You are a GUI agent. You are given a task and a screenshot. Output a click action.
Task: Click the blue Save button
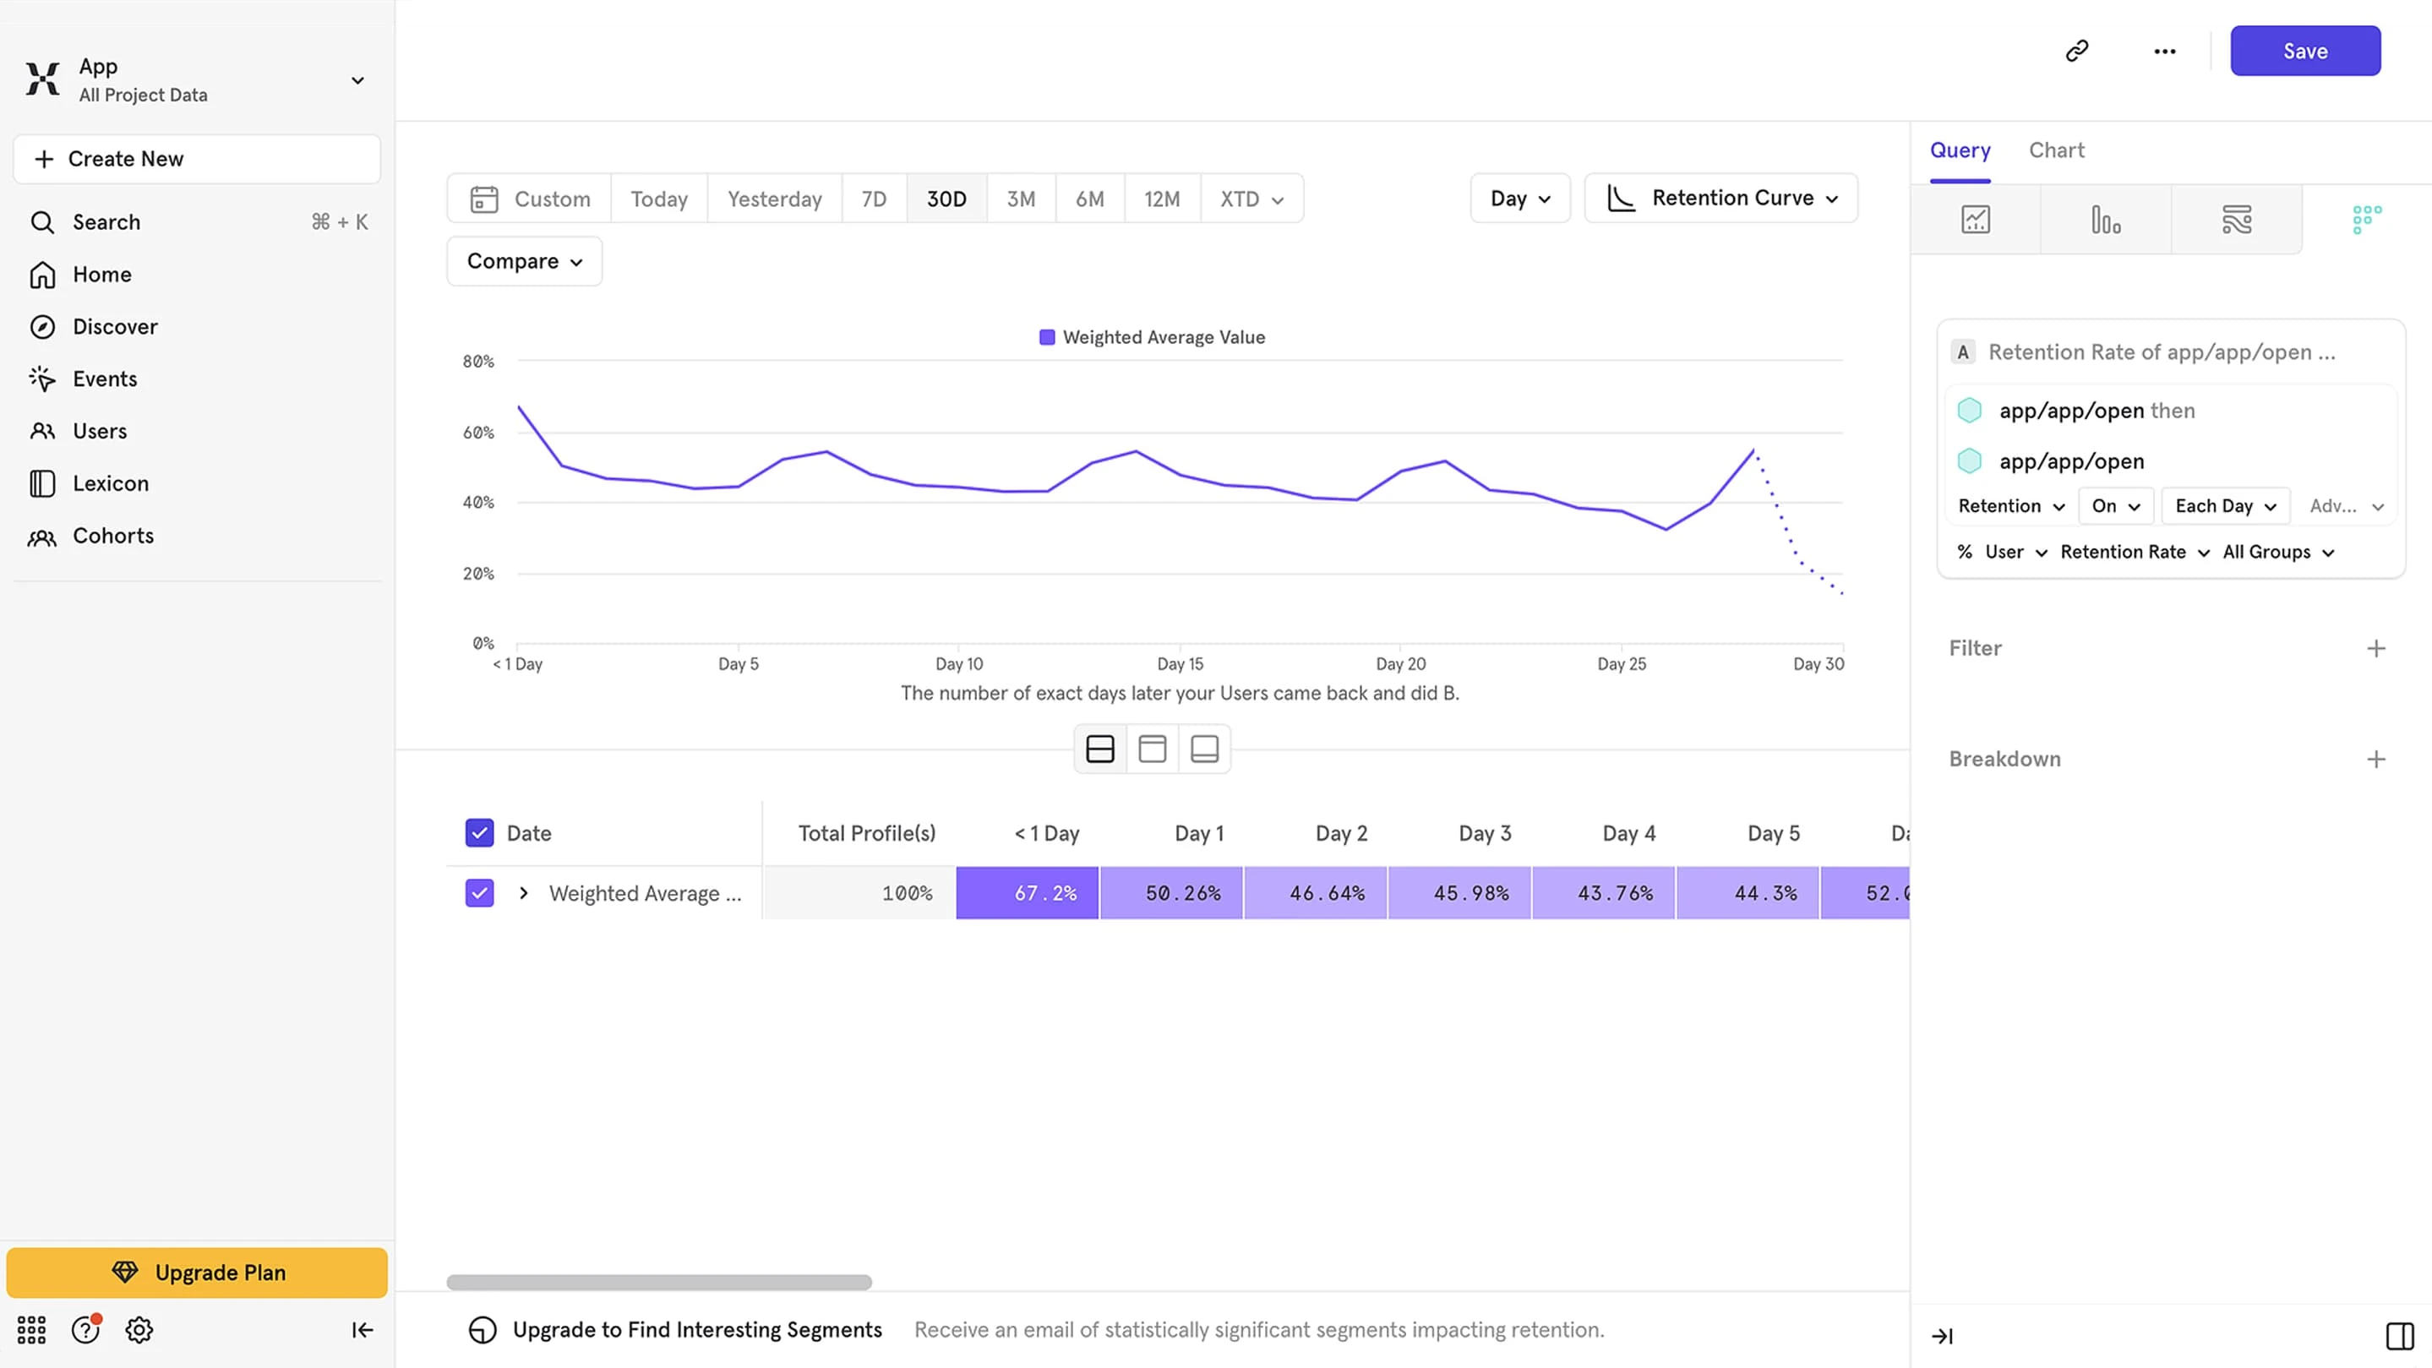(x=2304, y=51)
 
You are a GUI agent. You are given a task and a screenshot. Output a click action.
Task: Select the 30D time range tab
(x=946, y=199)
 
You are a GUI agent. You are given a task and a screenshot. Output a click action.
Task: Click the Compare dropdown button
(x=524, y=261)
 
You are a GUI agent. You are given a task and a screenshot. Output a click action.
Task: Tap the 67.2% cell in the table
(x=1028, y=893)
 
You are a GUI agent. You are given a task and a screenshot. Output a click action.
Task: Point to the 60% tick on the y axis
(x=477, y=433)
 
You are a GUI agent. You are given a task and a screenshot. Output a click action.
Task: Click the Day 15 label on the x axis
(x=1181, y=663)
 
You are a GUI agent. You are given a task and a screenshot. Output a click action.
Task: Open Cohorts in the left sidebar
(x=112, y=536)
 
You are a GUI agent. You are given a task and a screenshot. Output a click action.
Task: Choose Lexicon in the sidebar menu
(x=111, y=483)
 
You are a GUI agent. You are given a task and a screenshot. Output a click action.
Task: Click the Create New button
(x=196, y=159)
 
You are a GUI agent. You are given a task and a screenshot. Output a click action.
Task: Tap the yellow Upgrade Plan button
(x=196, y=1272)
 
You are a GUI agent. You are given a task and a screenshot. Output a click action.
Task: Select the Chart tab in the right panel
(x=2056, y=150)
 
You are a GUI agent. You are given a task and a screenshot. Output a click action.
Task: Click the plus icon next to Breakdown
(x=2375, y=759)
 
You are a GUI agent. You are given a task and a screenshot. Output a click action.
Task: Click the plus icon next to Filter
(x=2375, y=649)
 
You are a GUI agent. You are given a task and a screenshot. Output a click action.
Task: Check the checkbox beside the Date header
(x=480, y=832)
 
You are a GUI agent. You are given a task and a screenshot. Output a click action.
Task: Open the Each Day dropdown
(x=2224, y=506)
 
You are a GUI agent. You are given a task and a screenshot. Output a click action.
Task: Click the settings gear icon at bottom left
(x=139, y=1330)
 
